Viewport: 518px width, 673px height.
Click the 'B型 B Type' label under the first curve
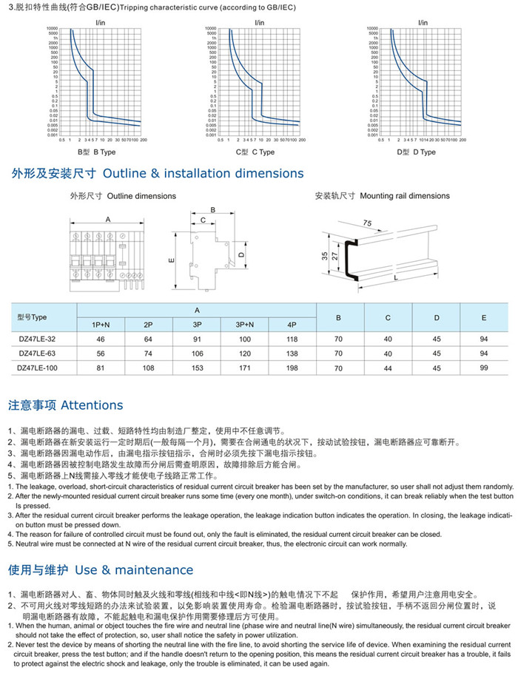(97, 152)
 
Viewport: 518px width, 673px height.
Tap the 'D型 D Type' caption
(416, 152)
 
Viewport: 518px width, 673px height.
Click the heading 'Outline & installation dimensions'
(203, 174)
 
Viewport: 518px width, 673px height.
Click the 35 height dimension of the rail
(325, 256)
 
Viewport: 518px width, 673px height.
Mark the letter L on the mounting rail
(397, 277)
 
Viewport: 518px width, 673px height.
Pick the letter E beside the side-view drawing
(170, 261)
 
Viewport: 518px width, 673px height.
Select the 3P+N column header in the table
(246, 324)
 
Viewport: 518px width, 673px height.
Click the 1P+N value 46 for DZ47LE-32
(101, 338)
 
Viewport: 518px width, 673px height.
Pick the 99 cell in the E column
(484, 366)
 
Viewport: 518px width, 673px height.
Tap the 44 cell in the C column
(387, 366)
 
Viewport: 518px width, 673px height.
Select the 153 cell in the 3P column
(197, 366)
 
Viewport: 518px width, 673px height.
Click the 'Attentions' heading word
(92, 405)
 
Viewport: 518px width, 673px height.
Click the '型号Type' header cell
(32, 317)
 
